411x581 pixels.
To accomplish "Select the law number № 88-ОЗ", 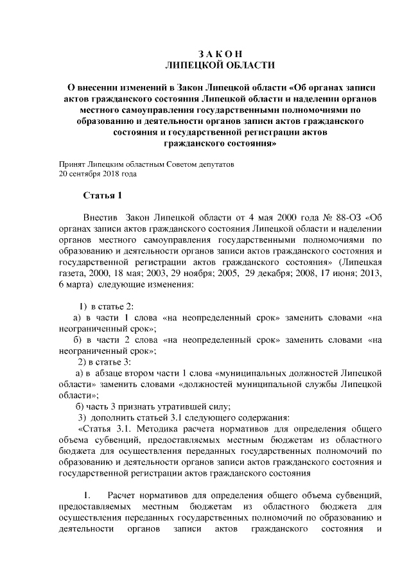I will pos(339,216).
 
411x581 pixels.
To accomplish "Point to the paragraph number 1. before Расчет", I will pos(89,496).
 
